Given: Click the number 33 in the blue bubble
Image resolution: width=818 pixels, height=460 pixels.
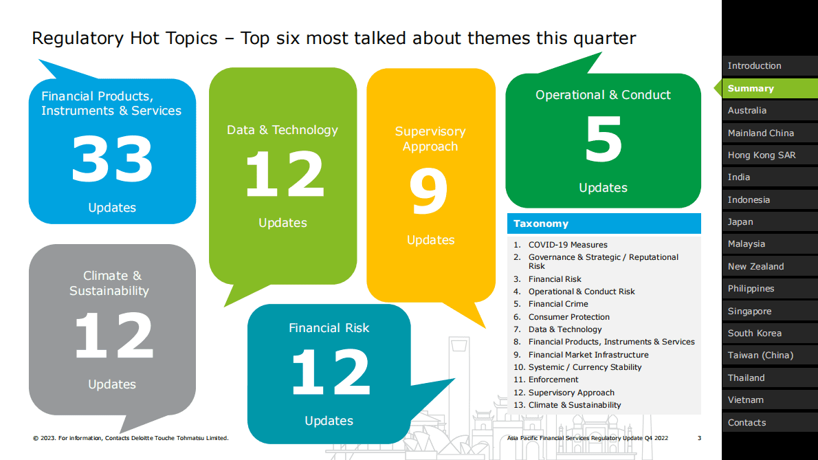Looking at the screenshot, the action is (x=112, y=159).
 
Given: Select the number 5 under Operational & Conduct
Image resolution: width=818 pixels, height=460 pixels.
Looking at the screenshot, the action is (x=604, y=139).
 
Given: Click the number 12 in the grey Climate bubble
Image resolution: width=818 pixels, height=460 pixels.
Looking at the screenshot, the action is (x=113, y=336).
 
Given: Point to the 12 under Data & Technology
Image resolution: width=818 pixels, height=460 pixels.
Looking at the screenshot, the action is (x=285, y=174).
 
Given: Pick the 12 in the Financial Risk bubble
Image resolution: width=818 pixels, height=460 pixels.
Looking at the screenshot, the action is (x=331, y=372).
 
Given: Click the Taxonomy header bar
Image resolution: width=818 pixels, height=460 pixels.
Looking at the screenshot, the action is (x=604, y=223).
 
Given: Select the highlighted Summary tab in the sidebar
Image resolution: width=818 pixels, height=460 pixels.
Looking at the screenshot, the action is (x=770, y=89).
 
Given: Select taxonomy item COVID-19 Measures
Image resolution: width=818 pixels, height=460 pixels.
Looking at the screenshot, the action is (x=568, y=245).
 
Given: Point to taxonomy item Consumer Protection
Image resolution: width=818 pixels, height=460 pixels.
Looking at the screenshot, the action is (x=568, y=316).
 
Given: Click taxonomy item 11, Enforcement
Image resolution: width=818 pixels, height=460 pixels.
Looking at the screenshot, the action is (x=546, y=380).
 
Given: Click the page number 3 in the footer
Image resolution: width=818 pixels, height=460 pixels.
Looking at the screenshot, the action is (x=699, y=438).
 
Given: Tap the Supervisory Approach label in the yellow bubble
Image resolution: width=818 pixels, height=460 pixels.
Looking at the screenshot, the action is (x=430, y=139).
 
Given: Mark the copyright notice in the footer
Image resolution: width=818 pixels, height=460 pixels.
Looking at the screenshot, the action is (x=131, y=438).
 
